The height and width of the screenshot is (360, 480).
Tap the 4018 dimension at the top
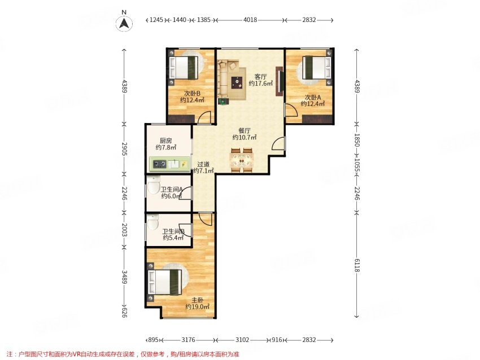coord(250,20)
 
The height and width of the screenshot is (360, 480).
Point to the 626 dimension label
coord(124,312)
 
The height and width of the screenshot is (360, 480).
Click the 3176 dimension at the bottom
coord(189,340)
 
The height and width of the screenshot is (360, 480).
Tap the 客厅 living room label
coord(260,77)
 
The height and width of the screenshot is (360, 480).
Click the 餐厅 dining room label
coord(245,130)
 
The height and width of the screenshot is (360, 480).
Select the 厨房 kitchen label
coord(165,141)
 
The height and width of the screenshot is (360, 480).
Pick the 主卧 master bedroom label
coord(198,300)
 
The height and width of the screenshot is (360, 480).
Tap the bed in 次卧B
coord(184,68)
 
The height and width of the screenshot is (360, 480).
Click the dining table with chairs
coord(242,160)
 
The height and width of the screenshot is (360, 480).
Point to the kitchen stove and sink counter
coord(169,164)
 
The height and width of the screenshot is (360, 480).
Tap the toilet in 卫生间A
coord(154,185)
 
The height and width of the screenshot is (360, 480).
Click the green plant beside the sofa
coord(223,101)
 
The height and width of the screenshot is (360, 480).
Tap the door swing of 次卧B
coord(204,117)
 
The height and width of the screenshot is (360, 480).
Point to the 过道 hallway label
coord(203,164)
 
